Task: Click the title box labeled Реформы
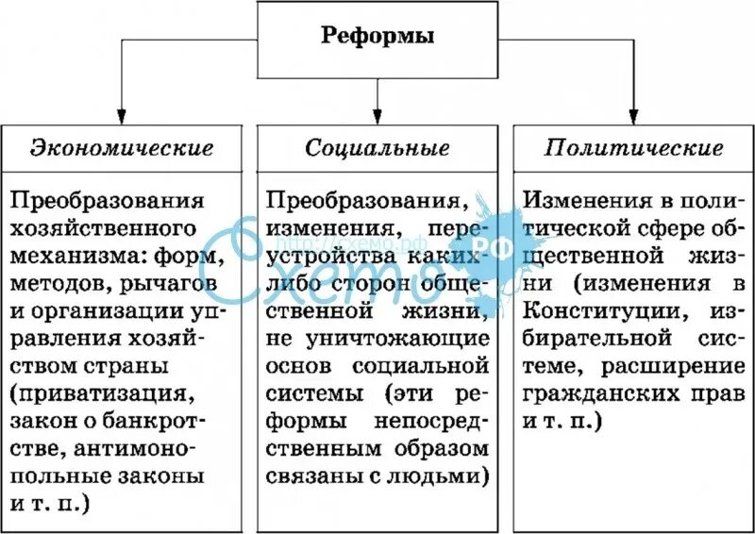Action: (x=377, y=39)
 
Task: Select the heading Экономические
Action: (x=122, y=148)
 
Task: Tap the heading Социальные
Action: (x=377, y=148)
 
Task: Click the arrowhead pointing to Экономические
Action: (x=122, y=113)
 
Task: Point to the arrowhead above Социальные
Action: (x=377, y=113)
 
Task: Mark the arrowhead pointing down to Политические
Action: (x=634, y=113)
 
